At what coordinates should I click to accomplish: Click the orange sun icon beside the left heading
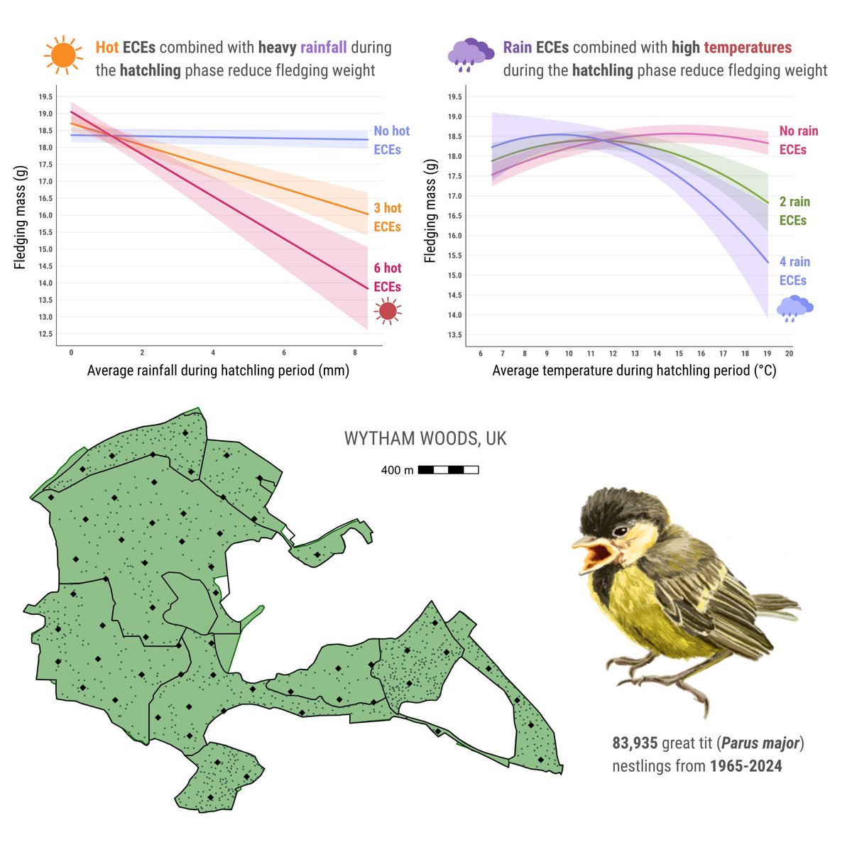pyautogui.click(x=63, y=55)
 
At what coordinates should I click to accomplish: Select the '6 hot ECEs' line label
pyautogui.click(x=388, y=277)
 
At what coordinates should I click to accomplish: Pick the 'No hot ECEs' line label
pyautogui.click(x=391, y=140)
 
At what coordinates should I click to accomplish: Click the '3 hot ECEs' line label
pyautogui.click(x=388, y=217)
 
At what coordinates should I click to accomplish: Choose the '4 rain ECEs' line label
pyautogui.click(x=794, y=271)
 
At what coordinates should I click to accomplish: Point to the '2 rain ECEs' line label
pyautogui.click(x=794, y=211)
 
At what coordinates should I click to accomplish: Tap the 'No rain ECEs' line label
pyautogui.click(x=798, y=140)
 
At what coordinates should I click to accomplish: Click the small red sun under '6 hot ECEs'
pyautogui.click(x=388, y=311)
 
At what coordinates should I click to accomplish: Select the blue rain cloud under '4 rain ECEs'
pyautogui.click(x=794, y=308)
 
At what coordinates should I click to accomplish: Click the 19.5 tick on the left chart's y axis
pyautogui.click(x=45, y=97)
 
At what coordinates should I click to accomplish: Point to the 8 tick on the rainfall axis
pyautogui.click(x=355, y=353)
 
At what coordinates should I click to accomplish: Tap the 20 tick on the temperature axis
pyautogui.click(x=789, y=354)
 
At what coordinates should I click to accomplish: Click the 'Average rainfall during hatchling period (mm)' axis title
pyautogui.click(x=218, y=371)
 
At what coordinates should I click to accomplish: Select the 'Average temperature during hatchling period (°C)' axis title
pyautogui.click(x=634, y=371)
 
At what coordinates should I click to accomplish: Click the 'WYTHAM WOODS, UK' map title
pyautogui.click(x=425, y=439)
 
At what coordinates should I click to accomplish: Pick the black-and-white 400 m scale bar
pyautogui.click(x=448, y=470)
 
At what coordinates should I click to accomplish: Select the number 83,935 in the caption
pyautogui.click(x=635, y=743)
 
